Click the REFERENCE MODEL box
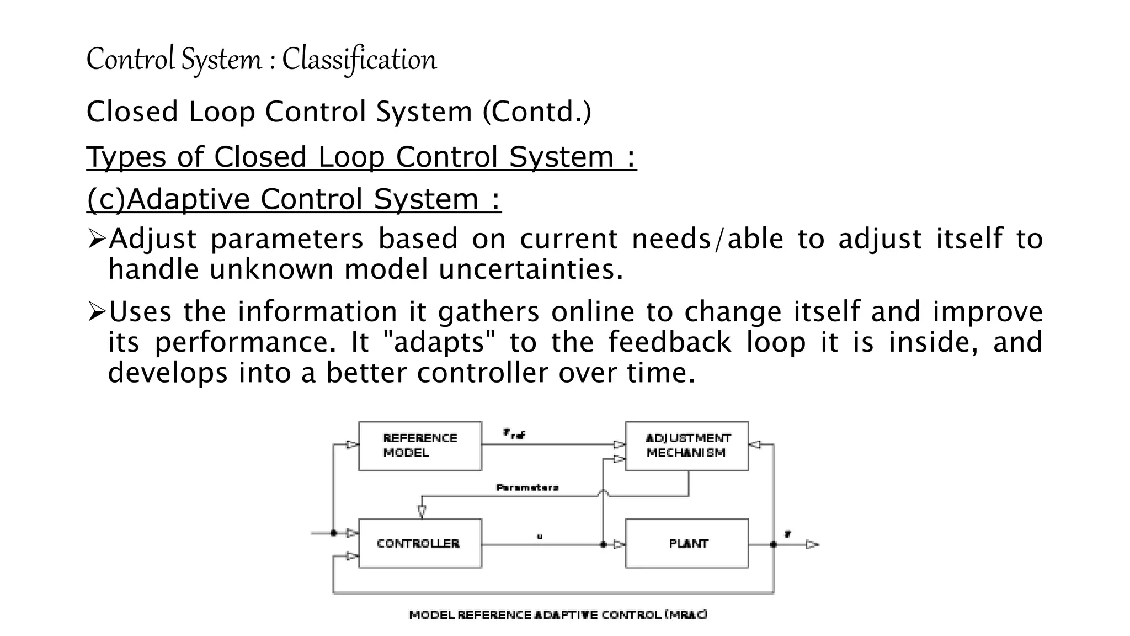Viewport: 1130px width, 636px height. [420, 446]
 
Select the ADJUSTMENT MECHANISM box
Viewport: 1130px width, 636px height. [686, 446]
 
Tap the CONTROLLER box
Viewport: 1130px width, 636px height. [420, 543]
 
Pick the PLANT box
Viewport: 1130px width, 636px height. [686, 543]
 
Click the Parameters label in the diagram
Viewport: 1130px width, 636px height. [527, 487]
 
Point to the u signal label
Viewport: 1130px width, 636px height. [540, 536]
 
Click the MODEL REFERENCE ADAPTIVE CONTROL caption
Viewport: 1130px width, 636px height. [558, 614]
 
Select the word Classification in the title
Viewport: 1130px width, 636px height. [359, 59]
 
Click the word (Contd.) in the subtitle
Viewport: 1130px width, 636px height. [537, 112]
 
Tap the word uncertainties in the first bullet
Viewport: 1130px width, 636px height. [531, 269]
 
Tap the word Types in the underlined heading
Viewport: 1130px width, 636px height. [126, 157]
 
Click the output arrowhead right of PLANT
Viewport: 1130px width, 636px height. [812, 545]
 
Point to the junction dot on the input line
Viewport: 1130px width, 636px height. [334, 533]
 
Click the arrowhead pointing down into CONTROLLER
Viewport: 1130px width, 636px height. [422, 511]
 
